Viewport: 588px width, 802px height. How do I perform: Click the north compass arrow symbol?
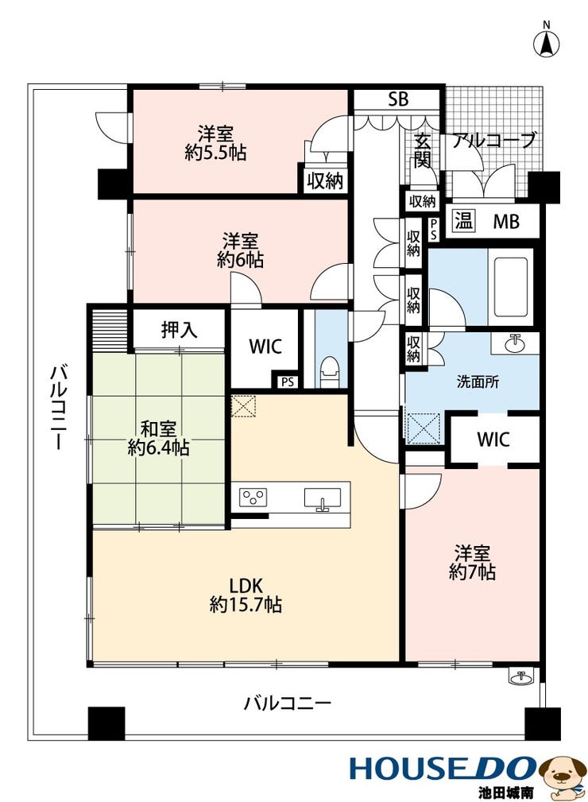point(547,43)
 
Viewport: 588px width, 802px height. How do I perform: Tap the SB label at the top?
point(398,99)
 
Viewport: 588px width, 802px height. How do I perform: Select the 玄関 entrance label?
point(423,150)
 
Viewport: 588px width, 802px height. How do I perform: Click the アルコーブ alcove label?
point(494,140)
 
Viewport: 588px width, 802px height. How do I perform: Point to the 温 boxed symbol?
point(463,221)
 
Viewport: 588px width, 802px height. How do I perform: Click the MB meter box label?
point(505,222)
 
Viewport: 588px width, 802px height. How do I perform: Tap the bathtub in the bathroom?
point(508,287)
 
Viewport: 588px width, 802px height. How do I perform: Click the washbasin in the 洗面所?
point(515,343)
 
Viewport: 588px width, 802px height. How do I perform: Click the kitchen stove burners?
point(253,497)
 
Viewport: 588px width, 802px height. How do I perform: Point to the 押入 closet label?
point(179,330)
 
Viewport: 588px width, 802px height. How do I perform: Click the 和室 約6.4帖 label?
point(158,438)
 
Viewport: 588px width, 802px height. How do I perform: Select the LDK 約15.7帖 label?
point(246,595)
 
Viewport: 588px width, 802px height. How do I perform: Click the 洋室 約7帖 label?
point(473,562)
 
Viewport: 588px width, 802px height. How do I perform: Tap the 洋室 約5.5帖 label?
point(216,143)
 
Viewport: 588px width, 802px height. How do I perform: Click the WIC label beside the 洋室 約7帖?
point(493,439)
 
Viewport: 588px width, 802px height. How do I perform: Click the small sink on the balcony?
point(522,676)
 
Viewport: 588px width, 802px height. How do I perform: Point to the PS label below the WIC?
point(288,382)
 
